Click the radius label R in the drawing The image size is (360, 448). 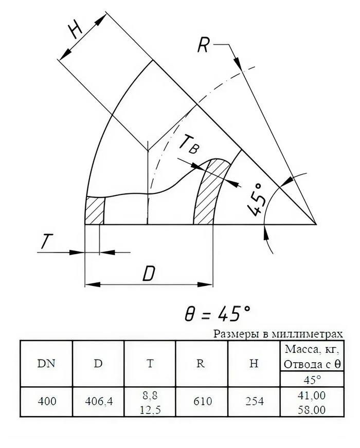tap(203, 45)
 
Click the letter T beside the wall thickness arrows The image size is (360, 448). tap(46, 241)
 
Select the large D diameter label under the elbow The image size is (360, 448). tap(149, 274)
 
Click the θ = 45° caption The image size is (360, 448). tap(218, 314)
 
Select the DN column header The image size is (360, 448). tap(46, 364)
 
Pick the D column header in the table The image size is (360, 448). tap(98, 364)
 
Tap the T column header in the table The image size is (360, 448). tap(150, 364)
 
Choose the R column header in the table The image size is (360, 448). tap(201, 364)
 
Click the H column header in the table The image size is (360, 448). tap(254, 364)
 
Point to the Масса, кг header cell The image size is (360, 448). tap(312, 349)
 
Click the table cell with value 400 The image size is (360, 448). tap(47, 401)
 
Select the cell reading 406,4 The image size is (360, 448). tap(99, 401)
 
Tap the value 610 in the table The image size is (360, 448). tap(203, 401)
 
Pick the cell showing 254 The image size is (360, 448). tap(254, 401)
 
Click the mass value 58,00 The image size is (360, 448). tap(312, 410)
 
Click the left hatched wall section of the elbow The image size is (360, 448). tap(95, 210)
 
